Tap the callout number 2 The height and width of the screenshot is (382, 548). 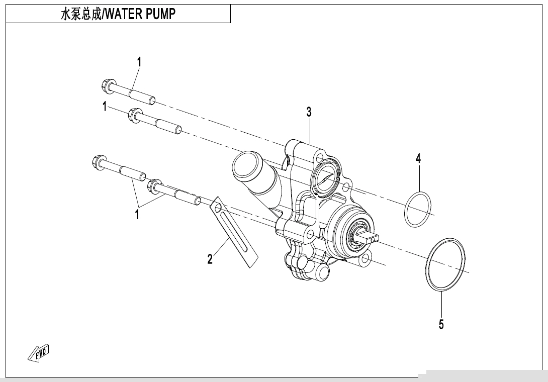(x=210, y=259)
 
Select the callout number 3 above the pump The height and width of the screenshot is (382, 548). (x=309, y=112)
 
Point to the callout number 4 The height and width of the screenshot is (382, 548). (x=418, y=159)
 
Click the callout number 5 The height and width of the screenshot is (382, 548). (x=441, y=324)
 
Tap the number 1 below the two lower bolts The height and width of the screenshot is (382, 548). (x=136, y=215)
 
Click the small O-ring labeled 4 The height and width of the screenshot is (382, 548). (x=418, y=209)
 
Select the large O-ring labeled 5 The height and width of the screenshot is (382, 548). (x=446, y=264)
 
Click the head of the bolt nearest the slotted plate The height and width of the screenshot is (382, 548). (x=155, y=186)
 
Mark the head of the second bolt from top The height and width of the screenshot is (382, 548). (x=134, y=115)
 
